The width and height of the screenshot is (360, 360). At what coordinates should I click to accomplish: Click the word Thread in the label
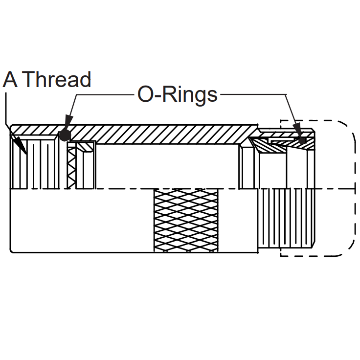point(57,79)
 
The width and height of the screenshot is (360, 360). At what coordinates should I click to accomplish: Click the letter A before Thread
point(10,79)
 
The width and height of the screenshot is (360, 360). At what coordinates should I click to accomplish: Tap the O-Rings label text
point(177,94)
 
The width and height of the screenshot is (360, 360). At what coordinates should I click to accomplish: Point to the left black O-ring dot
point(65,135)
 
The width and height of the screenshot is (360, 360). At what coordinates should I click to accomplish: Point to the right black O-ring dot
point(302,140)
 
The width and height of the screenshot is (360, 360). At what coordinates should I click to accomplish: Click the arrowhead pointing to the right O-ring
point(297,130)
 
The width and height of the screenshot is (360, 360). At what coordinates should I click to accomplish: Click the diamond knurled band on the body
point(186,221)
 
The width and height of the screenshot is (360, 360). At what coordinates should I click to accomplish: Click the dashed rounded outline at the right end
point(352,188)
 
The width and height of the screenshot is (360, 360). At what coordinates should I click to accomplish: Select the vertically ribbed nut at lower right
point(286,218)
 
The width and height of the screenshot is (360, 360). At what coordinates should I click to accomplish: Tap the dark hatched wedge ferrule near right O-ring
point(268,146)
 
